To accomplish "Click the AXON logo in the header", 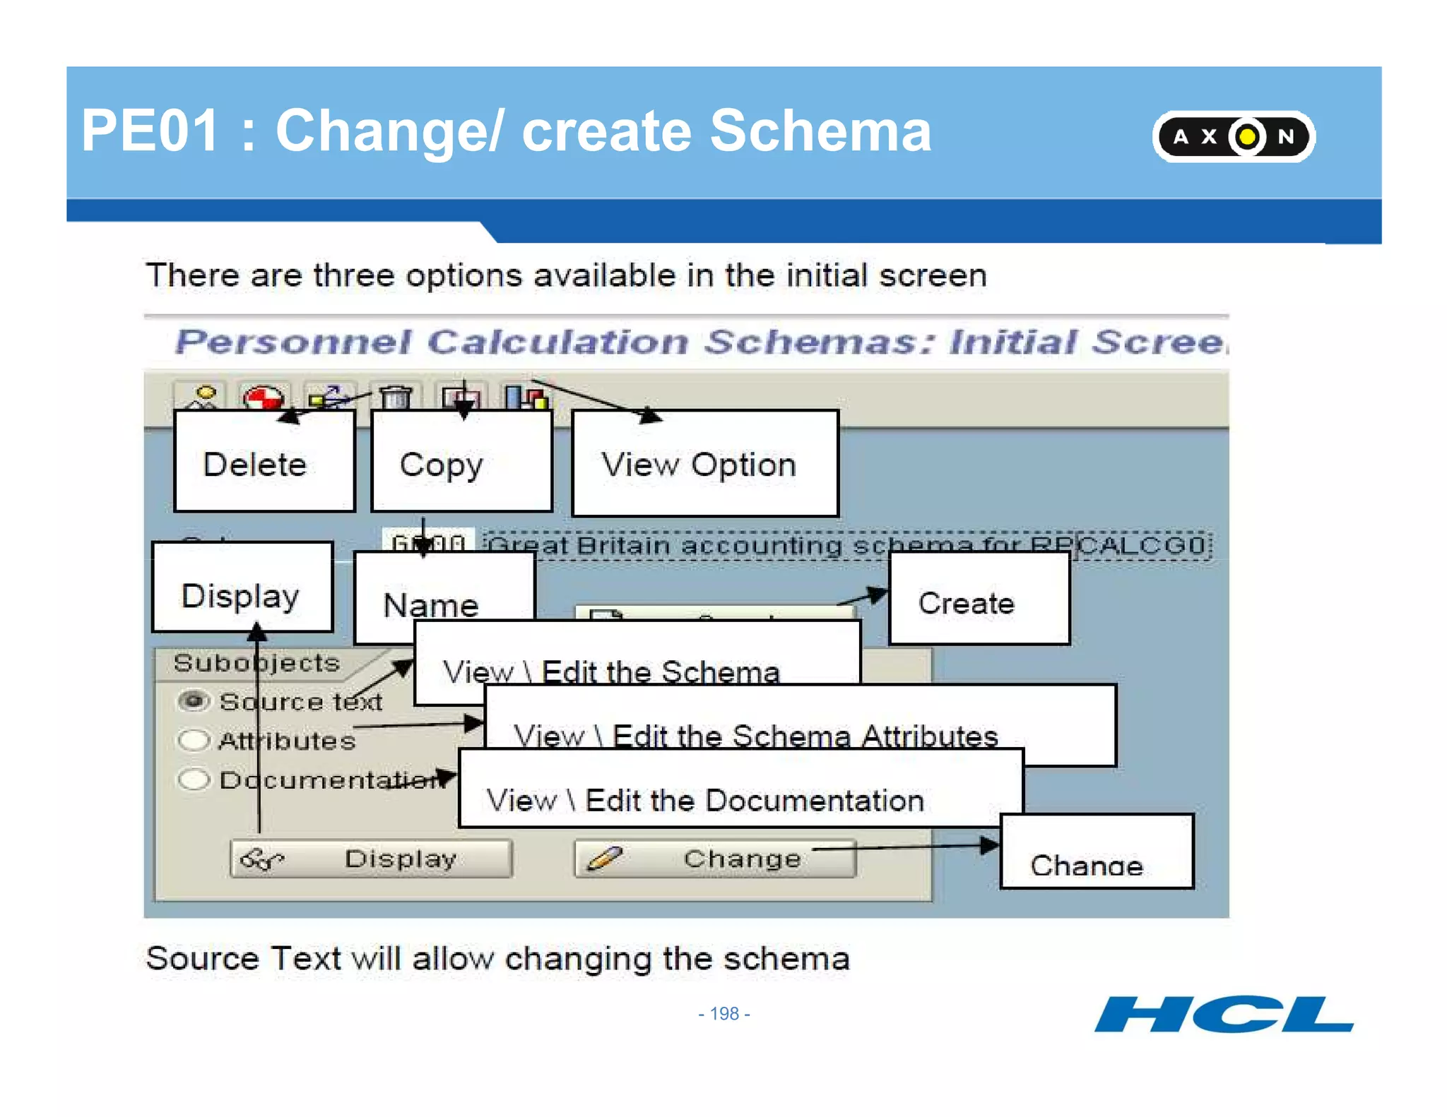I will (x=1233, y=136).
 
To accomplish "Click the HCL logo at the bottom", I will (x=1223, y=1015).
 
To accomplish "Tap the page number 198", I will (x=723, y=1014).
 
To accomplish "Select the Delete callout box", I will (x=264, y=462).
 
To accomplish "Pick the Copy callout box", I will (x=461, y=462).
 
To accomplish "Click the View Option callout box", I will (x=704, y=464).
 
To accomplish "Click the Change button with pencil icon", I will (x=715, y=859).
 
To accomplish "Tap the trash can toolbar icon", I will (x=395, y=398).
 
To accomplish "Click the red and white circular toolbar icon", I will (x=263, y=398).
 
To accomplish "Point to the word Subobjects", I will (x=256, y=663).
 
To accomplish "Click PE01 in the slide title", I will (x=150, y=131).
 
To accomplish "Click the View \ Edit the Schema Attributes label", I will (x=756, y=736).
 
